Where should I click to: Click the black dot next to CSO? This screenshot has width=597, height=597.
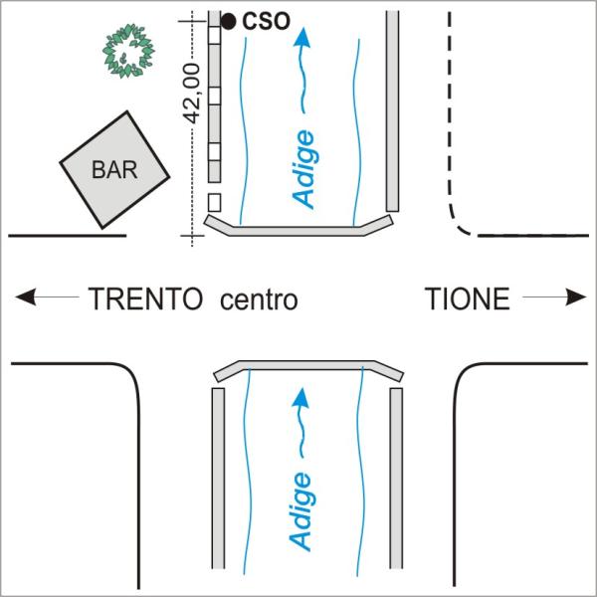click(228, 20)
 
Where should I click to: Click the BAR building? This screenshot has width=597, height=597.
click(112, 170)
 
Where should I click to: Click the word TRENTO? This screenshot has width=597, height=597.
click(149, 298)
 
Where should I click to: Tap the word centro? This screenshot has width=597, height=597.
click(259, 298)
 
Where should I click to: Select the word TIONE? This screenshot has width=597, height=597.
click(468, 298)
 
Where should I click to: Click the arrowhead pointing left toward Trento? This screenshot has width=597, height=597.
click(24, 297)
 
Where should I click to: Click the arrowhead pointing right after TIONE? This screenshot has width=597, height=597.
click(577, 297)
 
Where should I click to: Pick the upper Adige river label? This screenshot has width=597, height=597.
click(306, 169)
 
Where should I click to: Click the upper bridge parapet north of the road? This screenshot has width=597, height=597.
click(298, 231)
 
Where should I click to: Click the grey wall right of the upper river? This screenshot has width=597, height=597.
click(392, 109)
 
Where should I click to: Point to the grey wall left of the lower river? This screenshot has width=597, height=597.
click(218, 478)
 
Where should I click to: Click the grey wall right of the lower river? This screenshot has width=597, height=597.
click(396, 478)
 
